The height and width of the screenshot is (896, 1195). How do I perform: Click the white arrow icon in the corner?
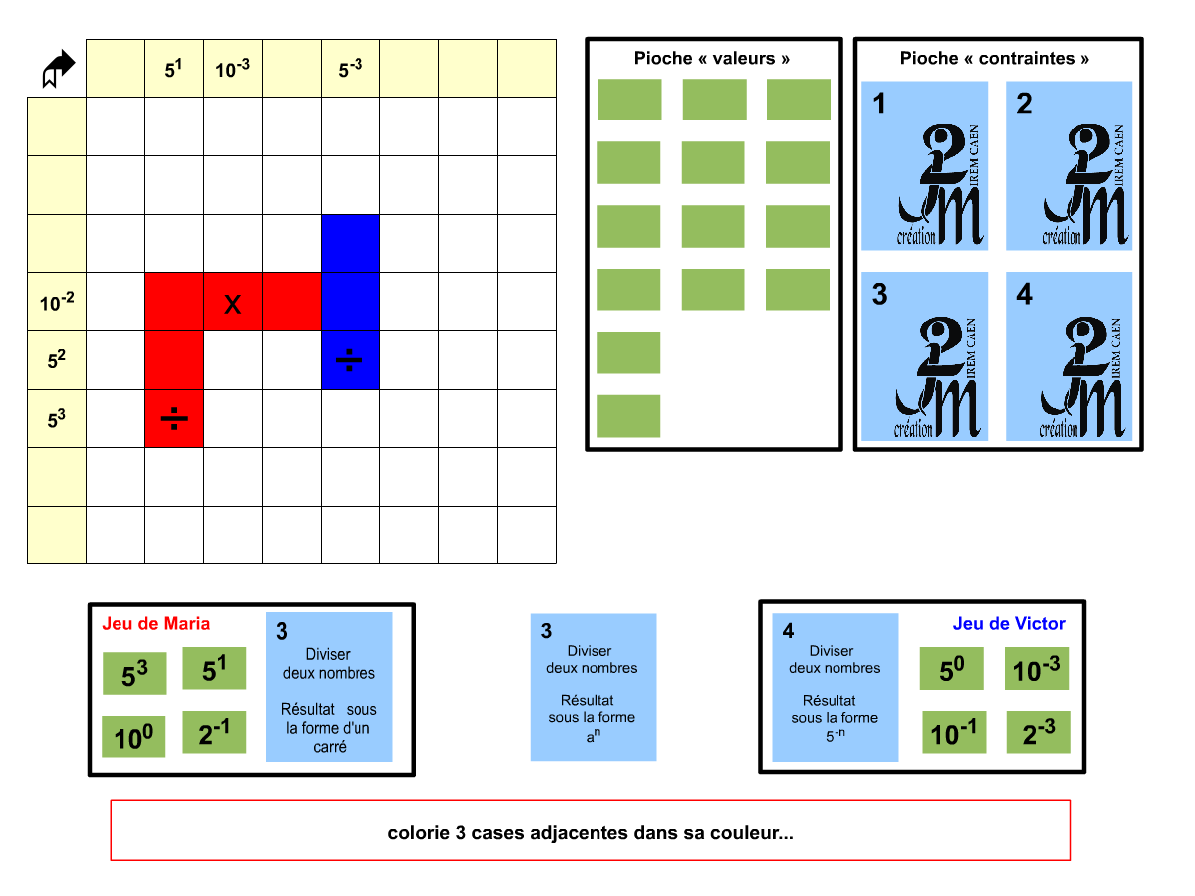pyautogui.click(x=59, y=69)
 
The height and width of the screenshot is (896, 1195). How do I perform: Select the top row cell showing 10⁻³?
pyautogui.click(x=233, y=69)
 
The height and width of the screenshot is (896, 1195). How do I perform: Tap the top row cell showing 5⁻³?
pyautogui.click(x=351, y=69)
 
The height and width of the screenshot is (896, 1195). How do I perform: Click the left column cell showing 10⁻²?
pyautogui.click(x=57, y=302)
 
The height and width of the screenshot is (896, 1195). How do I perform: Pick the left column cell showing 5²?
pyautogui.click(x=57, y=359)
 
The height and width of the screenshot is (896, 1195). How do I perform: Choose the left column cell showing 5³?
pyautogui.click(x=57, y=418)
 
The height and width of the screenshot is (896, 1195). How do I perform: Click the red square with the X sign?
pyautogui.click(x=233, y=302)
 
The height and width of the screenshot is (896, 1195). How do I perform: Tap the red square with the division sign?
pyautogui.click(x=174, y=418)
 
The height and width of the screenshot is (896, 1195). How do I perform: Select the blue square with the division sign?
pyautogui.click(x=350, y=359)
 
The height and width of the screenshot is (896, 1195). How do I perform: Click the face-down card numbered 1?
pyautogui.click(x=925, y=165)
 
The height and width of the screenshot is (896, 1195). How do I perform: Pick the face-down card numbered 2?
pyautogui.click(x=1070, y=165)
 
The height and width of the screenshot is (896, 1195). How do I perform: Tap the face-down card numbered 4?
pyautogui.click(x=1070, y=356)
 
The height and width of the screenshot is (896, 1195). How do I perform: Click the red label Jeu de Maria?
pyautogui.click(x=156, y=624)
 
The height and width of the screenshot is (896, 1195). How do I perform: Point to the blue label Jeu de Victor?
pyautogui.click(x=1009, y=624)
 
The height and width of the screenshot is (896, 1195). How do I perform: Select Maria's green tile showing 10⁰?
pyautogui.click(x=134, y=737)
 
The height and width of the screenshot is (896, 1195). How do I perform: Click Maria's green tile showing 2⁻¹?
pyautogui.click(x=214, y=732)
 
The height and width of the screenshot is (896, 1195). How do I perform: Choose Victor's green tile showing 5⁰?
pyautogui.click(x=951, y=669)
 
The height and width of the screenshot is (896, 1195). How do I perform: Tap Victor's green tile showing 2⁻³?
pyautogui.click(x=1038, y=732)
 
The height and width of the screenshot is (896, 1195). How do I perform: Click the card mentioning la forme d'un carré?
pyautogui.click(x=330, y=687)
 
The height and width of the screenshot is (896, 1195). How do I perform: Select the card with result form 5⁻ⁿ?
pyautogui.click(x=836, y=687)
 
